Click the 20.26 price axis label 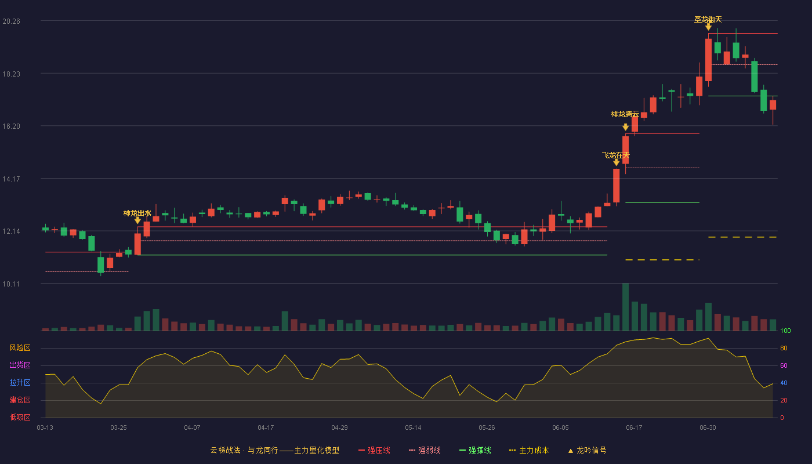(11, 21)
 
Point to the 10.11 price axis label (11, 284)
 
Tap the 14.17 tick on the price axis (11, 179)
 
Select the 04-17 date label (266, 428)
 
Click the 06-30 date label (708, 428)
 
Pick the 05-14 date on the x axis (413, 428)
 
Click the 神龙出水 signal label (137, 213)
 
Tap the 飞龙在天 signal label (616, 155)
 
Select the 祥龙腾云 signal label (625, 114)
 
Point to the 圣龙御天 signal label (708, 20)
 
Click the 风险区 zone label (20, 348)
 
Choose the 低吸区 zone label (20, 418)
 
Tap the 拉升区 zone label (20, 383)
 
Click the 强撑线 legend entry (475, 450)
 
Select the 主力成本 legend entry (529, 450)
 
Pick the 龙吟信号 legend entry (587, 450)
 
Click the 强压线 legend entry (374, 450)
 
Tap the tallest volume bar (625, 307)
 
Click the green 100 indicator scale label (785, 331)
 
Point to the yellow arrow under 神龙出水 (137, 220)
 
